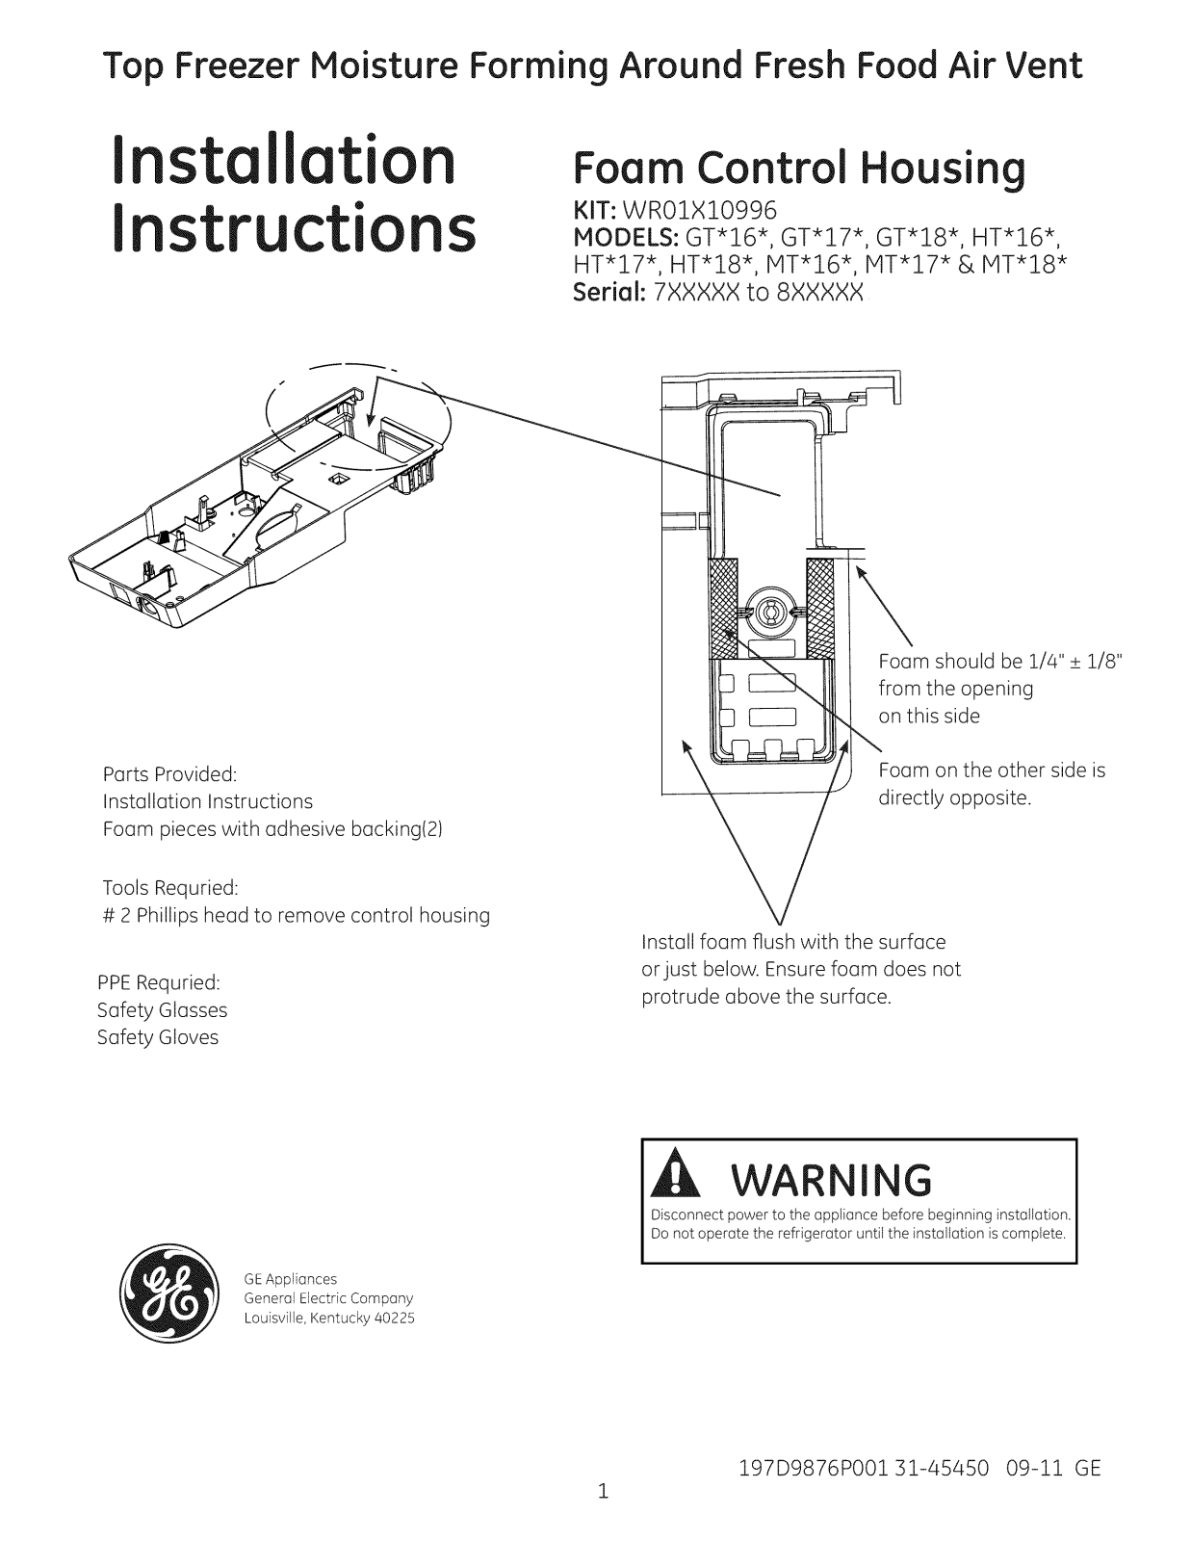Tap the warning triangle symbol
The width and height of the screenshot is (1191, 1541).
coord(676,1180)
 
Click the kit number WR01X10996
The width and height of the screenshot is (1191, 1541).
coord(699,210)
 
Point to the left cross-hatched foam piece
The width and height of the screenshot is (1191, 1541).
coord(722,609)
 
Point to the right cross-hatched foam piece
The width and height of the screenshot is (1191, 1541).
coord(819,609)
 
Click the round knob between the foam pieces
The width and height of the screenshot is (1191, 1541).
coord(770,611)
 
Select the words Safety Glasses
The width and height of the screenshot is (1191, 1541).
coord(163,1010)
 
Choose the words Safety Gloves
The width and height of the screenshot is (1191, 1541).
coord(157,1037)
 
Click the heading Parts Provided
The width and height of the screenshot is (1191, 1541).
coord(169,773)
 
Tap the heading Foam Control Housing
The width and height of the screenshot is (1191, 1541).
coord(799,169)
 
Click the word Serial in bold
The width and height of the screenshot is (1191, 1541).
coord(608,292)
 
